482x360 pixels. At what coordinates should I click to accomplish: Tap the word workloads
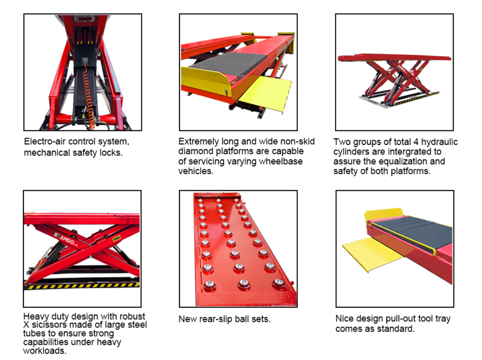point(43,351)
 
